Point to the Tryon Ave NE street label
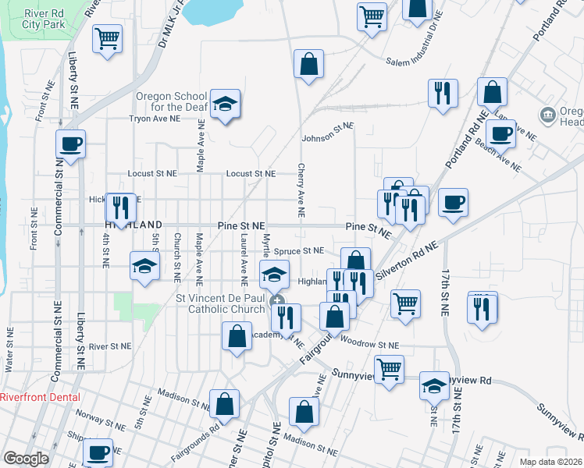point(155,119)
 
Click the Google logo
point(27,458)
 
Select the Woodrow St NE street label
point(370,344)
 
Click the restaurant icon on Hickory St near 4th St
point(119,205)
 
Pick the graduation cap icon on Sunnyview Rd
point(435,385)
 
